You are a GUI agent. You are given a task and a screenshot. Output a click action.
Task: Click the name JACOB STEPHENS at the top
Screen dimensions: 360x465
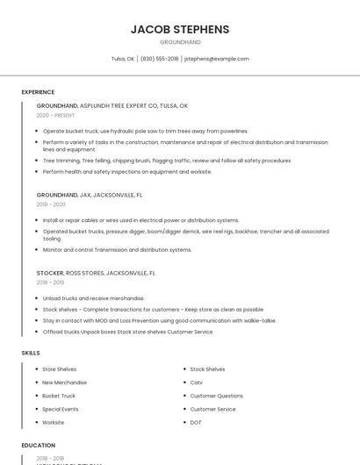click(180, 29)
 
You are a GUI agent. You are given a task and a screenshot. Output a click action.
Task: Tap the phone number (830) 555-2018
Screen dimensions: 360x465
click(159, 59)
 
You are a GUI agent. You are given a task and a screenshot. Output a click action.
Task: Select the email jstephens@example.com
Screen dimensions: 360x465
click(217, 59)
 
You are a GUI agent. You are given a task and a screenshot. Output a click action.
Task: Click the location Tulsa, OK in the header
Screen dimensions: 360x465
click(123, 59)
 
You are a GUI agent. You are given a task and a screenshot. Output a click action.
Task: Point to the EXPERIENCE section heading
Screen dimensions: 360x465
click(38, 92)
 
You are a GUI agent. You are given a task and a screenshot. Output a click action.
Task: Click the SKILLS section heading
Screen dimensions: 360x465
click(30, 353)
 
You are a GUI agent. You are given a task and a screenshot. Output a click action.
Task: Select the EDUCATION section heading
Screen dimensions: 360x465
click(38, 445)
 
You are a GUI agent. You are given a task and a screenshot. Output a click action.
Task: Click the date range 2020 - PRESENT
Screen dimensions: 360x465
click(55, 115)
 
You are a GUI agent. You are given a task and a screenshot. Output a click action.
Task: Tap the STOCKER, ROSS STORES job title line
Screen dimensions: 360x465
click(96, 273)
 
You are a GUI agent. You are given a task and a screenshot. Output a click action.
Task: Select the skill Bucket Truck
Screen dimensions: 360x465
click(59, 396)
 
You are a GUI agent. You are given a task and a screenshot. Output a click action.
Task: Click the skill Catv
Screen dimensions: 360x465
click(197, 383)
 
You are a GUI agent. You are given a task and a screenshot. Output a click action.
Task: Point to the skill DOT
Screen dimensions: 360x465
click(196, 422)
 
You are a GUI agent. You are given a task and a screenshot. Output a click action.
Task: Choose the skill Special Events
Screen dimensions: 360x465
click(61, 409)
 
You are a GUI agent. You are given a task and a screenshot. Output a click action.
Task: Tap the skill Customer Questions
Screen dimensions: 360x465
click(216, 396)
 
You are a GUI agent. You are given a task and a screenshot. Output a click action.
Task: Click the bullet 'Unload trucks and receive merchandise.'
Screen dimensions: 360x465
click(94, 298)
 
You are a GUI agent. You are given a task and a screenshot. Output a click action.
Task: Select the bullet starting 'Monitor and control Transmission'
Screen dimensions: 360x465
click(117, 250)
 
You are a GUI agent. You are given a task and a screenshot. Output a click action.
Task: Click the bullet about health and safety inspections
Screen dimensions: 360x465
click(127, 172)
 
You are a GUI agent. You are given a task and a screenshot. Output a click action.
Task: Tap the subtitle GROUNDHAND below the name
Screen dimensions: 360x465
click(180, 42)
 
